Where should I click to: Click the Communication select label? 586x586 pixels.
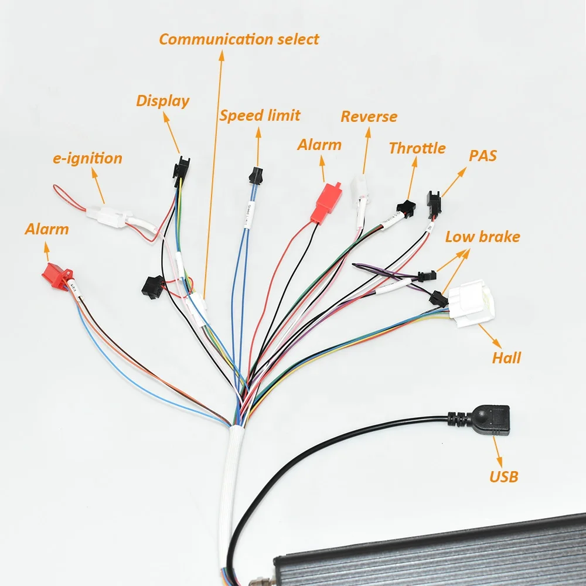coord(239,39)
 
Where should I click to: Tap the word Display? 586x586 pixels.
coord(163,100)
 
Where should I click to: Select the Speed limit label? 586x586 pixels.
coord(260,115)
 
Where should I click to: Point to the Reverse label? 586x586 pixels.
coord(369,117)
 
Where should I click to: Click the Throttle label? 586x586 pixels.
coord(417,148)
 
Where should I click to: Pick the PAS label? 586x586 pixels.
coord(482,155)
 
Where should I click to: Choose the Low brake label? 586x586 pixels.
coord(482,237)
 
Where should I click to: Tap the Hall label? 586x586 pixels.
coord(506,357)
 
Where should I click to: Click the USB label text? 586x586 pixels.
coord(503,476)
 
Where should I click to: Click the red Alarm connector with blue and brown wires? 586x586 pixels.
coord(57,276)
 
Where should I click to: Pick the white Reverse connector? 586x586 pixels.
coord(359,189)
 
